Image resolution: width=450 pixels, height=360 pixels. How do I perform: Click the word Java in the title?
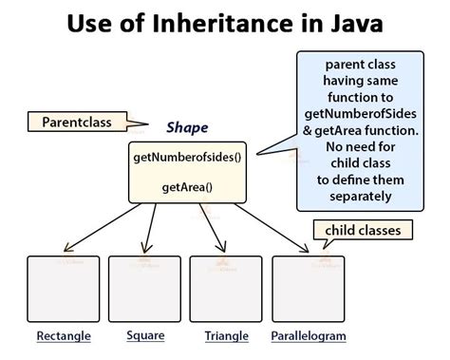point(354,23)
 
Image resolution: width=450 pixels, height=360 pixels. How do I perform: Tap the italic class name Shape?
point(187,127)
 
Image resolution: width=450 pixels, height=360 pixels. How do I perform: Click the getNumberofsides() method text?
point(187,156)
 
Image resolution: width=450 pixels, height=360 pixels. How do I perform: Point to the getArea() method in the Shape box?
point(187,186)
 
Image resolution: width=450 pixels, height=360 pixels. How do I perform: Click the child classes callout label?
point(363,231)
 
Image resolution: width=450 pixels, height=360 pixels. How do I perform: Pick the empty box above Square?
point(144,288)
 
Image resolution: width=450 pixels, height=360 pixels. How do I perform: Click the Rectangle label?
point(63,336)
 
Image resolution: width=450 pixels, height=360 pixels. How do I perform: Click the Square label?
point(145,335)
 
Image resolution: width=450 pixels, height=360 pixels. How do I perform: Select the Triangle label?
point(226,336)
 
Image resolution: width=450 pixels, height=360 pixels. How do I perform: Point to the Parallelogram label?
point(309,336)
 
